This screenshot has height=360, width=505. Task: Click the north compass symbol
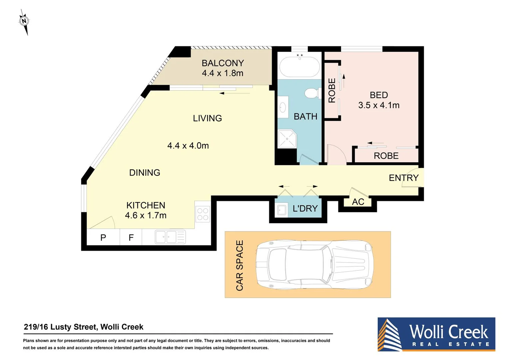click(x=24, y=22)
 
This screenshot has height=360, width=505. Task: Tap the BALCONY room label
click(x=223, y=63)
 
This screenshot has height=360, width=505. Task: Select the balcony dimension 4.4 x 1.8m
click(x=223, y=73)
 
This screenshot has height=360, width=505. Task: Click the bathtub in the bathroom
click(x=299, y=67)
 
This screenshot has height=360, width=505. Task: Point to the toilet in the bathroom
click(x=312, y=93)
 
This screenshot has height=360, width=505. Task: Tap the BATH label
click(x=305, y=116)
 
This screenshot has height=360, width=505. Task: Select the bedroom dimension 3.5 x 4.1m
click(x=379, y=105)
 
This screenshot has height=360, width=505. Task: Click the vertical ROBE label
click(x=332, y=90)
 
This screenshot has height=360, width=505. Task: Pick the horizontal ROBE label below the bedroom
click(x=386, y=156)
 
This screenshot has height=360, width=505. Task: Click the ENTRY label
click(x=403, y=178)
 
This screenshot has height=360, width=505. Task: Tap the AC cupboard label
click(x=358, y=202)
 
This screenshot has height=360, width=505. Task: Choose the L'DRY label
click(x=305, y=209)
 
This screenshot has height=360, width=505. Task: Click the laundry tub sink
click(x=282, y=210)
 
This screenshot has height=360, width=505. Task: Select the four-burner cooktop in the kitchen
click(x=203, y=214)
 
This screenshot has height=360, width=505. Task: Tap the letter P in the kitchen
click(x=103, y=237)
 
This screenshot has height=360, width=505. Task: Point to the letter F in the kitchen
click(x=131, y=237)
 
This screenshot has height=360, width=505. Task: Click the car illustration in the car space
click(x=314, y=264)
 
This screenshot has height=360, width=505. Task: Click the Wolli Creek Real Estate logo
click(x=436, y=334)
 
